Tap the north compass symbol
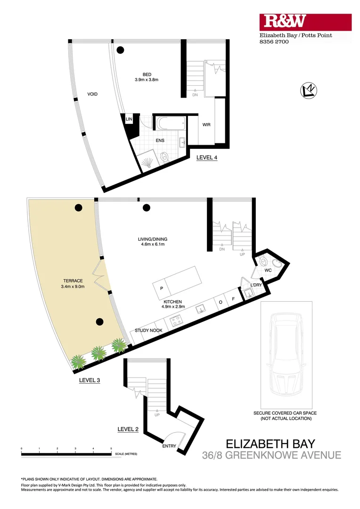pyautogui.click(x=309, y=90)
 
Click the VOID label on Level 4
pyautogui.click(x=92, y=94)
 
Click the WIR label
pyautogui.click(x=206, y=124)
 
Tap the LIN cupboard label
pyautogui.click(x=129, y=120)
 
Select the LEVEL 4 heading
pyautogui.click(x=207, y=158)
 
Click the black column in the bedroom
pyautogui.click(x=121, y=49)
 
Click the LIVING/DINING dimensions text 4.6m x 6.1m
pyautogui.click(x=149, y=245)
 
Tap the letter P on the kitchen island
pyautogui.click(x=161, y=288)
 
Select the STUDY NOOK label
pyautogui.click(x=148, y=331)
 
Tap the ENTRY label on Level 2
pyautogui.click(x=169, y=446)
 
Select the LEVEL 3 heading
pyautogui.click(x=90, y=380)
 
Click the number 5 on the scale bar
pyautogui.click(x=111, y=449)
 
